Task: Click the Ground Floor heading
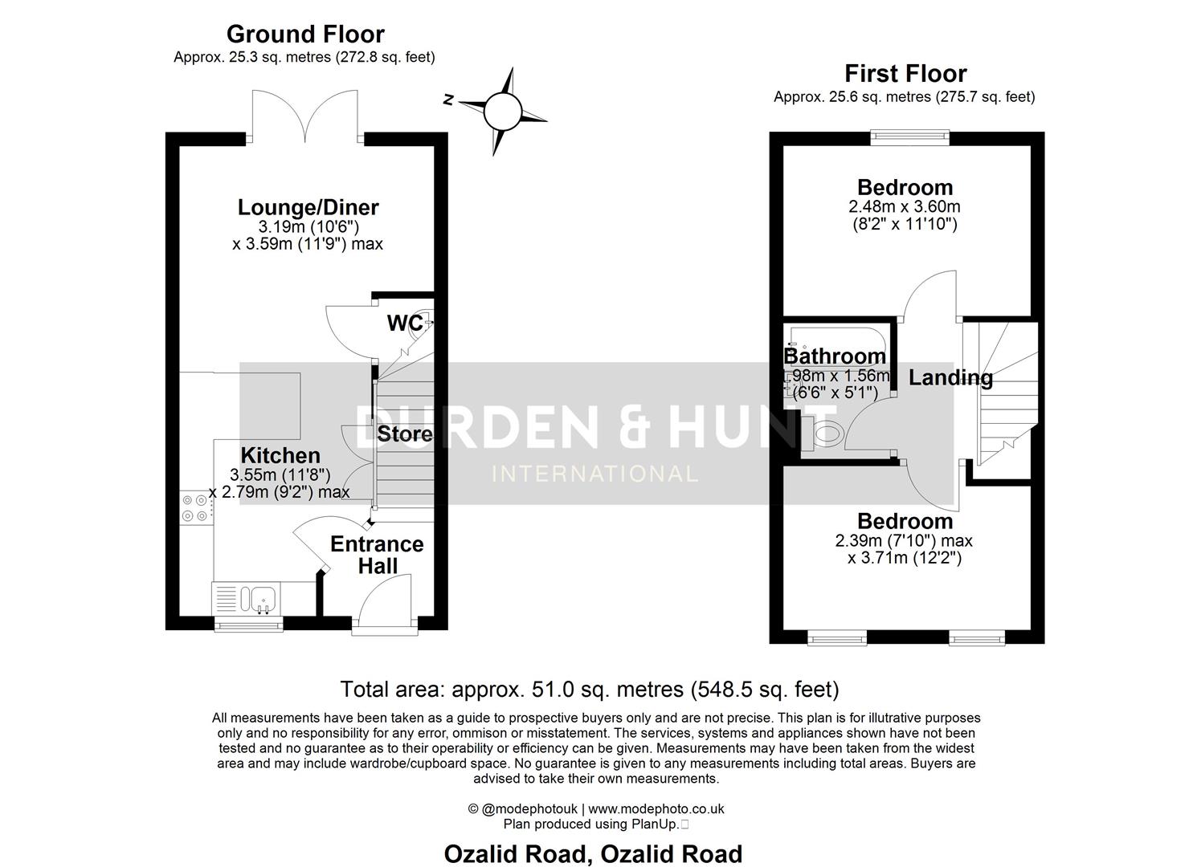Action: click(305, 35)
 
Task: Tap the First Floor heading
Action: click(905, 74)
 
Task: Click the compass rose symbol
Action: click(503, 110)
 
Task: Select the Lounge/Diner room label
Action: click(308, 207)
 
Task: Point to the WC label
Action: click(405, 323)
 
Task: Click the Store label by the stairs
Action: click(405, 434)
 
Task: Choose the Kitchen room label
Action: click(280, 455)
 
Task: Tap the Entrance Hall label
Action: click(377, 555)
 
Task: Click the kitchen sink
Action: click(263, 600)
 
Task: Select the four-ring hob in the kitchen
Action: click(195, 507)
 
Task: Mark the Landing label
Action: click(950, 377)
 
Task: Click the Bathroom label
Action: click(835, 356)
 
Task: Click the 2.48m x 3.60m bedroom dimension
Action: click(905, 206)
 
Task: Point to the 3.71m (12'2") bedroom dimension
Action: click(905, 557)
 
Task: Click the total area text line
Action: click(590, 689)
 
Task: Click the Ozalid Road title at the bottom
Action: click(594, 854)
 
